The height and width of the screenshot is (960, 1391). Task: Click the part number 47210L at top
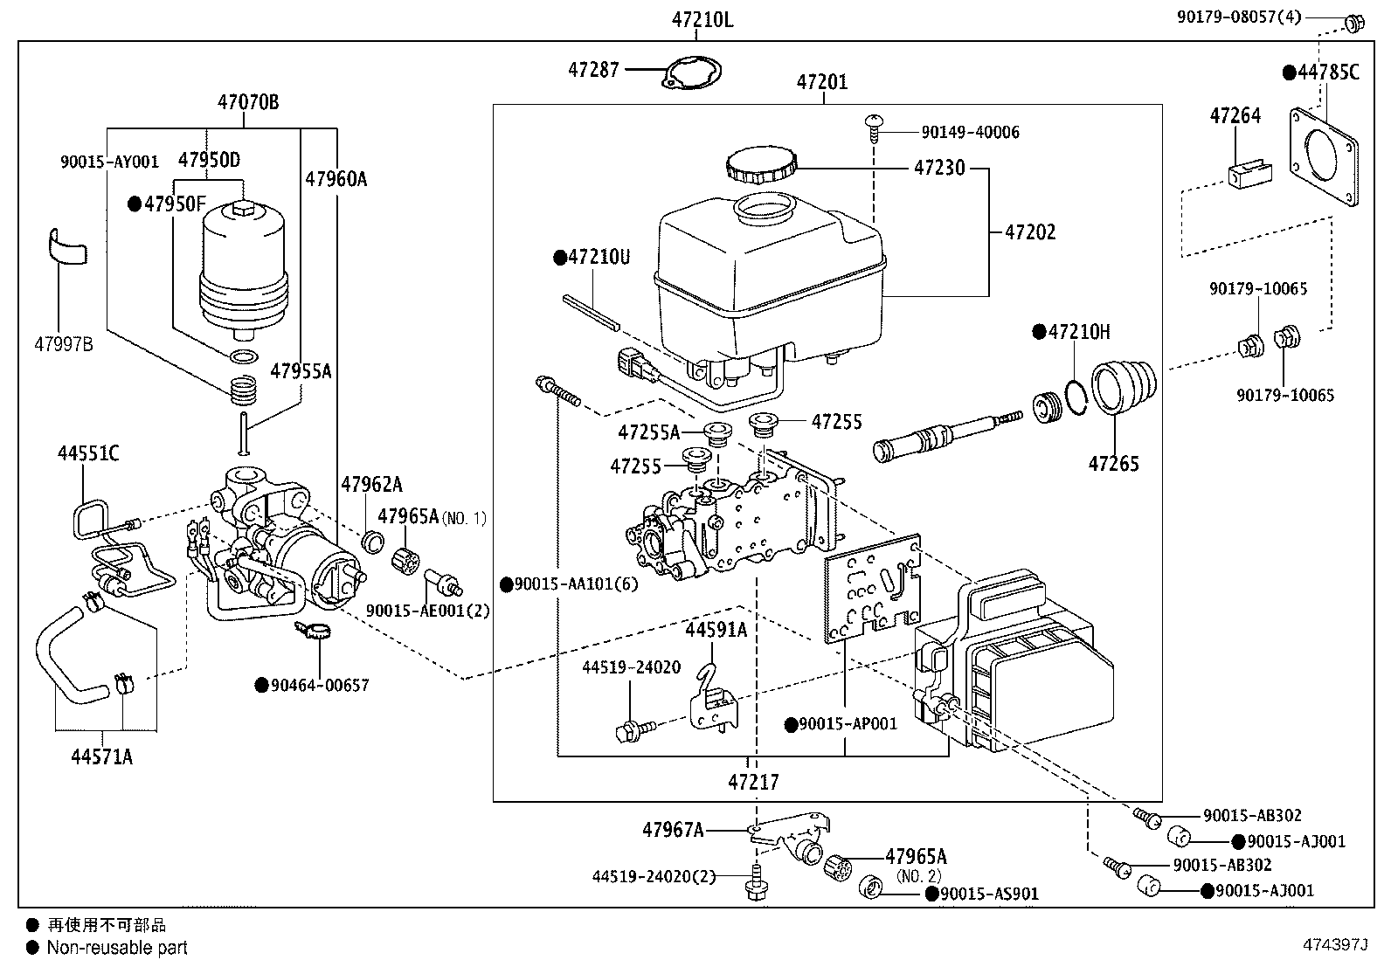[702, 20]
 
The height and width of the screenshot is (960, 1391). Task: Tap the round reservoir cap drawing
[761, 164]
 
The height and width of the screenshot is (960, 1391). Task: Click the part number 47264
[1235, 115]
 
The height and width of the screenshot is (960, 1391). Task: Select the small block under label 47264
[1249, 175]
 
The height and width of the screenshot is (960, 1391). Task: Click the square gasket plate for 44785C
[1325, 156]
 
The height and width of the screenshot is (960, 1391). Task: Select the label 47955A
[301, 371]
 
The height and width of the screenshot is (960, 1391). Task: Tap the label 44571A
[101, 756]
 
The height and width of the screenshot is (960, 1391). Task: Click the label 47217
[752, 782]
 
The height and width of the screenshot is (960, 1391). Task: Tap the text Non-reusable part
[116, 947]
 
